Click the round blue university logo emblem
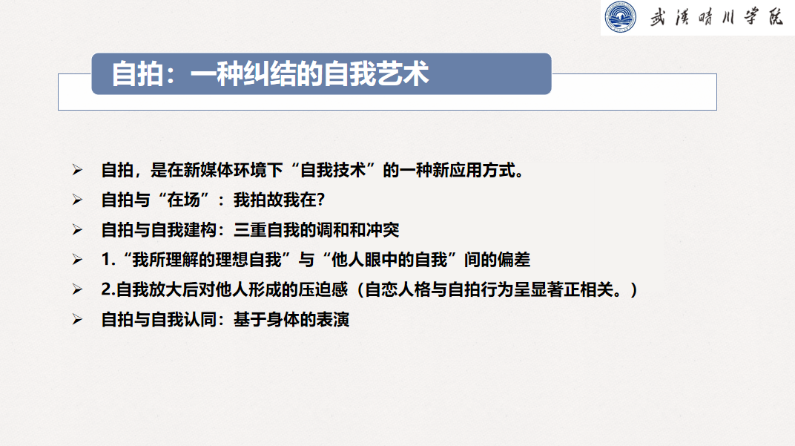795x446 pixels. point(620,17)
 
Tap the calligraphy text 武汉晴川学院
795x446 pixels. point(716,17)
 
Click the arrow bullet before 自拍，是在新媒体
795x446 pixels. point(77,170)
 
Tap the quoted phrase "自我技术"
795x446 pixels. point(333,170)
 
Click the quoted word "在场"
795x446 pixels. point(183,200)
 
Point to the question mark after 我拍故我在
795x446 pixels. point(320,200)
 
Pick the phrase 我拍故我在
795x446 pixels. point(274,200)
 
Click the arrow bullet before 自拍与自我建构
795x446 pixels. point(77,230)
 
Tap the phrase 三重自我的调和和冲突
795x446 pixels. point(317,230)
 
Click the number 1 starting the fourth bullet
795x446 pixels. point(106,260)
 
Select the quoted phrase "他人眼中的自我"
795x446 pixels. point(389,260)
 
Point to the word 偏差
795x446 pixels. point(514,260)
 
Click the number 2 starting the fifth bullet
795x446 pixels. point(106,289)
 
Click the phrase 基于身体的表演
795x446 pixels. point(291,320)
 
